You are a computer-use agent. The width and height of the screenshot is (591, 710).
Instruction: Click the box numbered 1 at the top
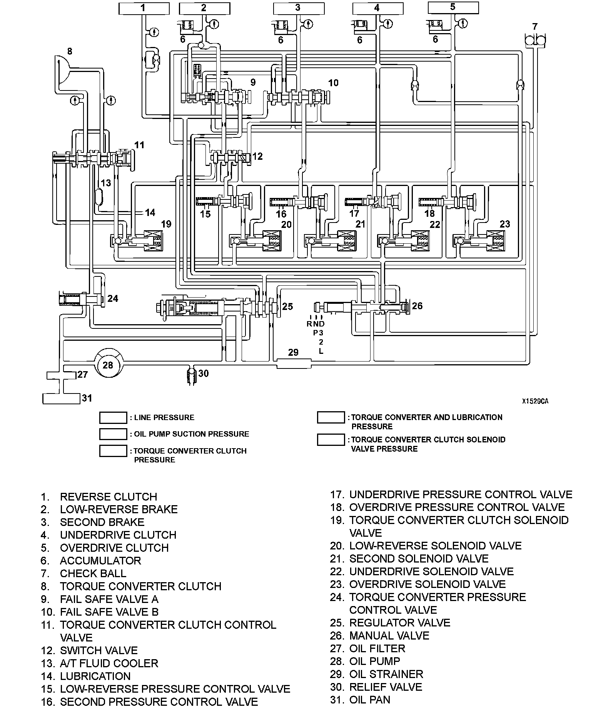click(x=144, y=8)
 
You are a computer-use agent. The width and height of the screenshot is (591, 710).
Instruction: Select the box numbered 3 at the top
click(x=297, y=8)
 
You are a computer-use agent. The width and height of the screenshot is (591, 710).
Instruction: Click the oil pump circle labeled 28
click(x=108, y=364)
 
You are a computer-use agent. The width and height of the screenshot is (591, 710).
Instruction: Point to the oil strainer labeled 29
click(x=294, y=363)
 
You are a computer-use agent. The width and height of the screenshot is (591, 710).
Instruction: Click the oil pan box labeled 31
click(x=61, y=399)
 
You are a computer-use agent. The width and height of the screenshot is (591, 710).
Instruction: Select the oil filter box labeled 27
click(x=62, y=375)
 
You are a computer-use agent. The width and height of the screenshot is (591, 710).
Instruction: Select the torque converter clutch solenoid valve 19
click(x=152, y=241)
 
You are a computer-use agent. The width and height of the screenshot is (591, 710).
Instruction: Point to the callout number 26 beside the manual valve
click(x=417, y=306)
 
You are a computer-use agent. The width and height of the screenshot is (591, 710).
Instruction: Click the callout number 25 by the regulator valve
click(x=287, y=306)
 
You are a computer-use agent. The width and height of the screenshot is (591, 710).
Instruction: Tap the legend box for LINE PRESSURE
click(x=113, y=417)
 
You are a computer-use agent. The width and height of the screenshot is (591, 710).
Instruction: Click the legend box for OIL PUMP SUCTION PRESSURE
click(x=113, y=434)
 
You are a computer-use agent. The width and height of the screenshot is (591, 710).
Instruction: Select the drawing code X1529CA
click(x=535, y=401)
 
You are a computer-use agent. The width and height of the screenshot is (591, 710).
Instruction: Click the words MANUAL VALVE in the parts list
click(x=389, y=635)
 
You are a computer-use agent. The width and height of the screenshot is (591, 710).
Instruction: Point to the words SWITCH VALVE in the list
click(x=99, y=650)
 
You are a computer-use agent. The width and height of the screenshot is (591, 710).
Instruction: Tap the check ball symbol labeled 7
click(x=535, y=40)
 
